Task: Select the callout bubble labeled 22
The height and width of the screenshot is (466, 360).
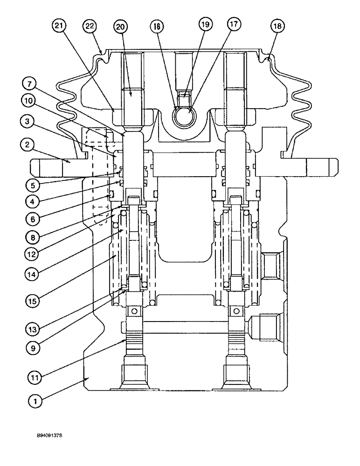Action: [89, 26]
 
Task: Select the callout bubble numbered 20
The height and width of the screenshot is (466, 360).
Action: [121, 27]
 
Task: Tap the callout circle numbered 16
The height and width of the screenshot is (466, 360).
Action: [157, 26]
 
